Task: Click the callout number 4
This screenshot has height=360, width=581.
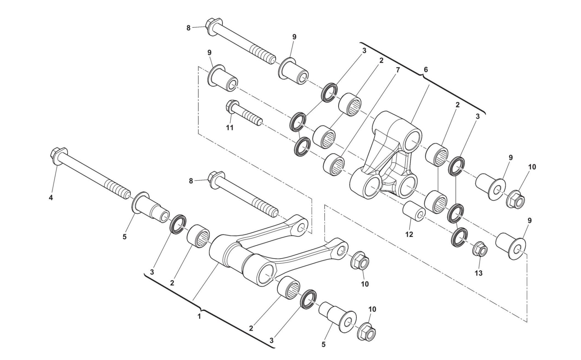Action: point(51,198)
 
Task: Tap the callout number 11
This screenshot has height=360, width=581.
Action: point(230,128)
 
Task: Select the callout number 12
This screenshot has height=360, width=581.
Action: point(409,234)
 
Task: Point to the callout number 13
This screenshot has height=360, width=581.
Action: point(478,273)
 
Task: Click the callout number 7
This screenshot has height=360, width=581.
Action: point(398,70)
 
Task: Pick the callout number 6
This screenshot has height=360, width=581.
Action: point(426,70)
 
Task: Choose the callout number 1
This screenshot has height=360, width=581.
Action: point(199,316)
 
